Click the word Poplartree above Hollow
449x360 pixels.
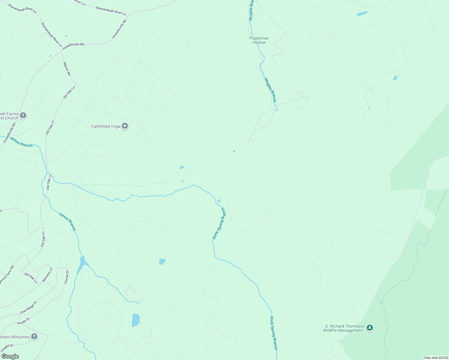[x=259, y=38]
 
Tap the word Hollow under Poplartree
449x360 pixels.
[x=259, y=42]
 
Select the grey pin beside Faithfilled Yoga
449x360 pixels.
[x=125, y=126]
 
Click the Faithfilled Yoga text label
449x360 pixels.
[x=106, y=127]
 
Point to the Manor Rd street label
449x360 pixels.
[x=67, y=69]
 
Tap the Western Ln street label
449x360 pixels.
[x=47, y=274]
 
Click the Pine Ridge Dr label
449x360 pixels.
[x=29, y=307]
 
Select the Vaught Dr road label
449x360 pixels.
[x=7, y=348]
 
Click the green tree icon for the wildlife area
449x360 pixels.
[x=370, y=328]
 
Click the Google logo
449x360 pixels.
[x=10, y=356]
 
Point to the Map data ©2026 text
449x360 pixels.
[x=436, y=358]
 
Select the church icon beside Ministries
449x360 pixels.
[x=34, y=337]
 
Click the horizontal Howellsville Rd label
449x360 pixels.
[x=73, y=44]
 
